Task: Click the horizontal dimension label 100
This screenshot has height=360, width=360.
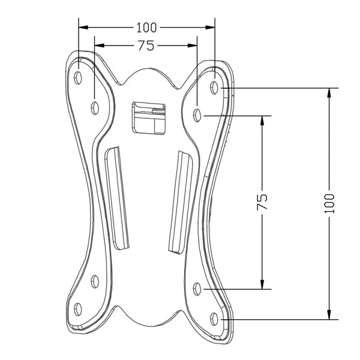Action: [146, 28]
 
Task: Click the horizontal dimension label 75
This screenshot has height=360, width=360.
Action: [146, 46]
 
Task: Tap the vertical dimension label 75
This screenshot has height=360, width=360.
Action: [262, 202]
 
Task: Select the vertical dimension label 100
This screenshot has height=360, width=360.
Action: [329, 203]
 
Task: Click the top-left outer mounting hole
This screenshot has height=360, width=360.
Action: [78, 77]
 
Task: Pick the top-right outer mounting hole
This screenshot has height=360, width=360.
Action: [214, 88]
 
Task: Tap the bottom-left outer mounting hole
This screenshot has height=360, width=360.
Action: [78, 309]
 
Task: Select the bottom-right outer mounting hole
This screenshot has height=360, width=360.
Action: [214, 319]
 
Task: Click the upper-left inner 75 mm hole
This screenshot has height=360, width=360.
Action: [95, 108]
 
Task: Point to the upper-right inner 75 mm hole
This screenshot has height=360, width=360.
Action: [197, 115]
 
